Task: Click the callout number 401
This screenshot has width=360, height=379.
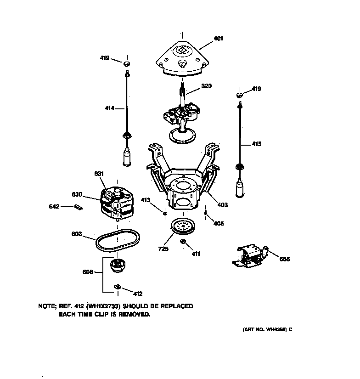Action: pyautogui.click(x=218, y=39)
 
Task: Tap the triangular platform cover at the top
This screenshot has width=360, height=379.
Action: pyautogui.click(x=182, y=58)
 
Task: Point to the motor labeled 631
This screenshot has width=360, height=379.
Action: pyautogui.click(x=116, y=203)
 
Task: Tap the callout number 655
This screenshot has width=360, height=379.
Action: pyautogui.click(x=284, y=259)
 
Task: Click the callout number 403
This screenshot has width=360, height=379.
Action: pyautogui.click(x=222, y=205)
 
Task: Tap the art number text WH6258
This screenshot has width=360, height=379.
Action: pyautogui.click(x=270, y=330)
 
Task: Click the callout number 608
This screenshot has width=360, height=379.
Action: pyautogui.click(x=88, y=272)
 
